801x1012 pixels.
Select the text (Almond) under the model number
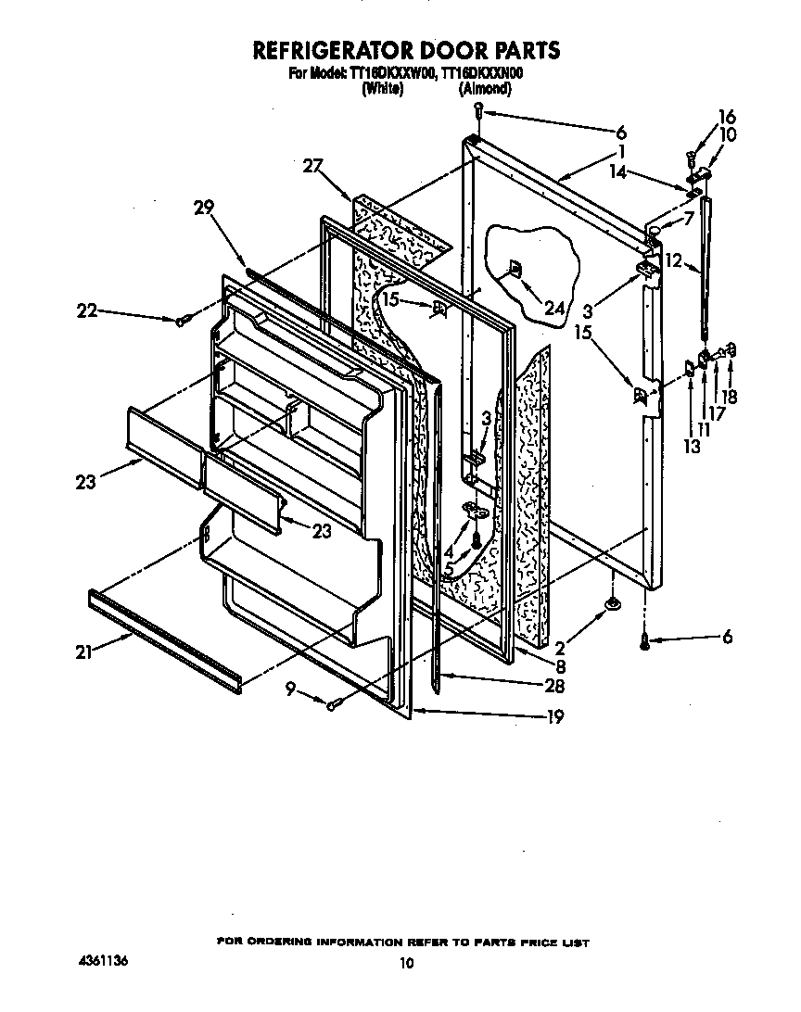[x=484, y=89]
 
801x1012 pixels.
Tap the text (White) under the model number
[x=382, y=89]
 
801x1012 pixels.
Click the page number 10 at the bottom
[x=405, y=964]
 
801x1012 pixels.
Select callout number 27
[x=313, y=166]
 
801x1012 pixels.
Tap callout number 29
[x=205, y=209]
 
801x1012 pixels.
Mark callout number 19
[x=554, y=715]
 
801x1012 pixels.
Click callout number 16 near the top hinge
[x=727, y=117]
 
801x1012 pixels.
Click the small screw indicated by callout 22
[x=183, y=321]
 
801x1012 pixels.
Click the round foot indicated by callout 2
[x=612, y=605]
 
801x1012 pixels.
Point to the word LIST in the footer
[x=574, y=942]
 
